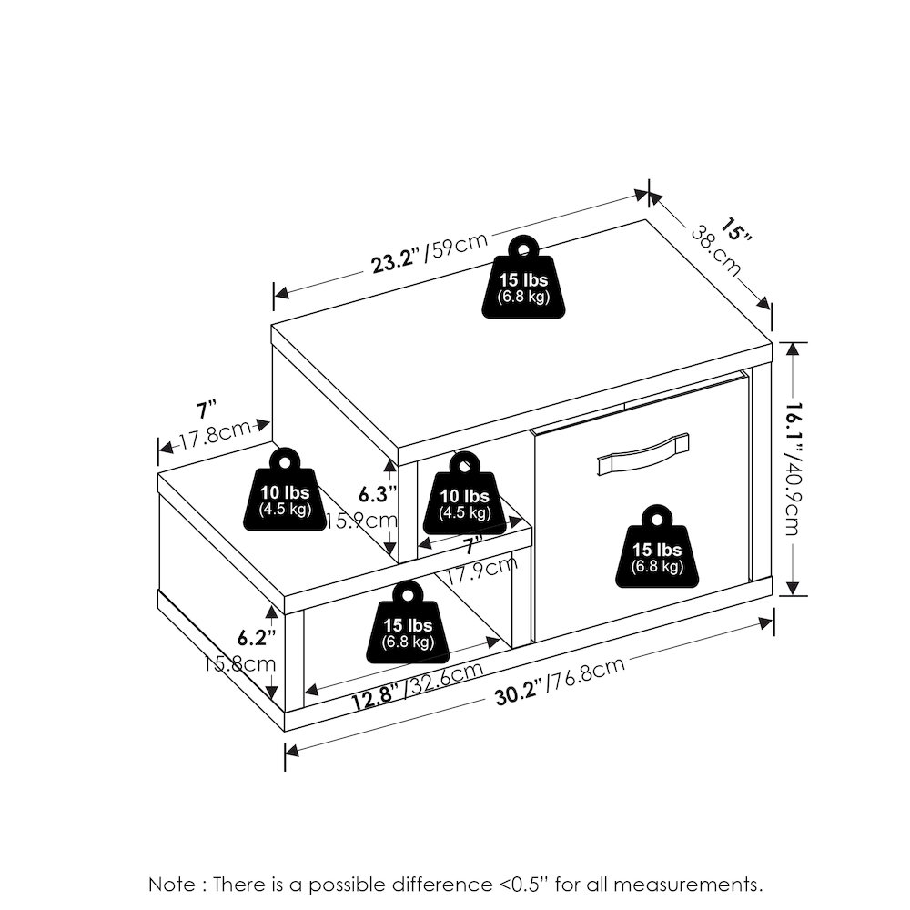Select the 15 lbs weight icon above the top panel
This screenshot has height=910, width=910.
click(523, 277)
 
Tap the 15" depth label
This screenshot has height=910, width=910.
click(736, 229)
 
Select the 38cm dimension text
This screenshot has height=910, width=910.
click(716, 251)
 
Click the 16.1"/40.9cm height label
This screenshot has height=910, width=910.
click(793, 469)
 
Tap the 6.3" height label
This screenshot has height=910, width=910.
click(378, 494)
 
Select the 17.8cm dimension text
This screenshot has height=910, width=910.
click(214, 432)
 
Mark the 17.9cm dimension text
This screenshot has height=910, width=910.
click(481, 571)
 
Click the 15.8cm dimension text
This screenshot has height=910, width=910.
click(239, 662)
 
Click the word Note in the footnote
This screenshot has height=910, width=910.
click(172, 885)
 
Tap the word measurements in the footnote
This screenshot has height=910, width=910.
click(688, 885)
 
